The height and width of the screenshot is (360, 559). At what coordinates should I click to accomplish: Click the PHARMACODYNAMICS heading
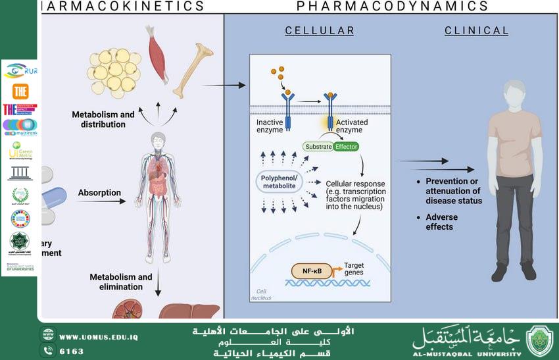tap(393, 7)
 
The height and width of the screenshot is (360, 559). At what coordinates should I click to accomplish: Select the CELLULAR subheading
tap(320, 30)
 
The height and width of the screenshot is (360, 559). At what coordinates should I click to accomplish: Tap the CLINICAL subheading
tap(476, 30)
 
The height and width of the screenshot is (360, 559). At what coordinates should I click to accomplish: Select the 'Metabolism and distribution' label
tap(103, 119)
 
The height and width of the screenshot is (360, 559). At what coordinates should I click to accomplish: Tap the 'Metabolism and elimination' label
tap(121, 282)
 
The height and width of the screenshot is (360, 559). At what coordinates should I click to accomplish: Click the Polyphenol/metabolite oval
tap(279, 182)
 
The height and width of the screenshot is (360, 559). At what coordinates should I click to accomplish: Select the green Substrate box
tap(317, 146)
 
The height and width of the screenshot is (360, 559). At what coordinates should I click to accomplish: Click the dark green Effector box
tap(346, 146)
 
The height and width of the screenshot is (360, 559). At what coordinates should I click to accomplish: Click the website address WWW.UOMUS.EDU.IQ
tap(98, 337)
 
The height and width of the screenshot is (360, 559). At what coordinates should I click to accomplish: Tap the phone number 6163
tap(72, 351)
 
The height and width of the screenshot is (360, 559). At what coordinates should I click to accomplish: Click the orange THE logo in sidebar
tap(20, 91)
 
